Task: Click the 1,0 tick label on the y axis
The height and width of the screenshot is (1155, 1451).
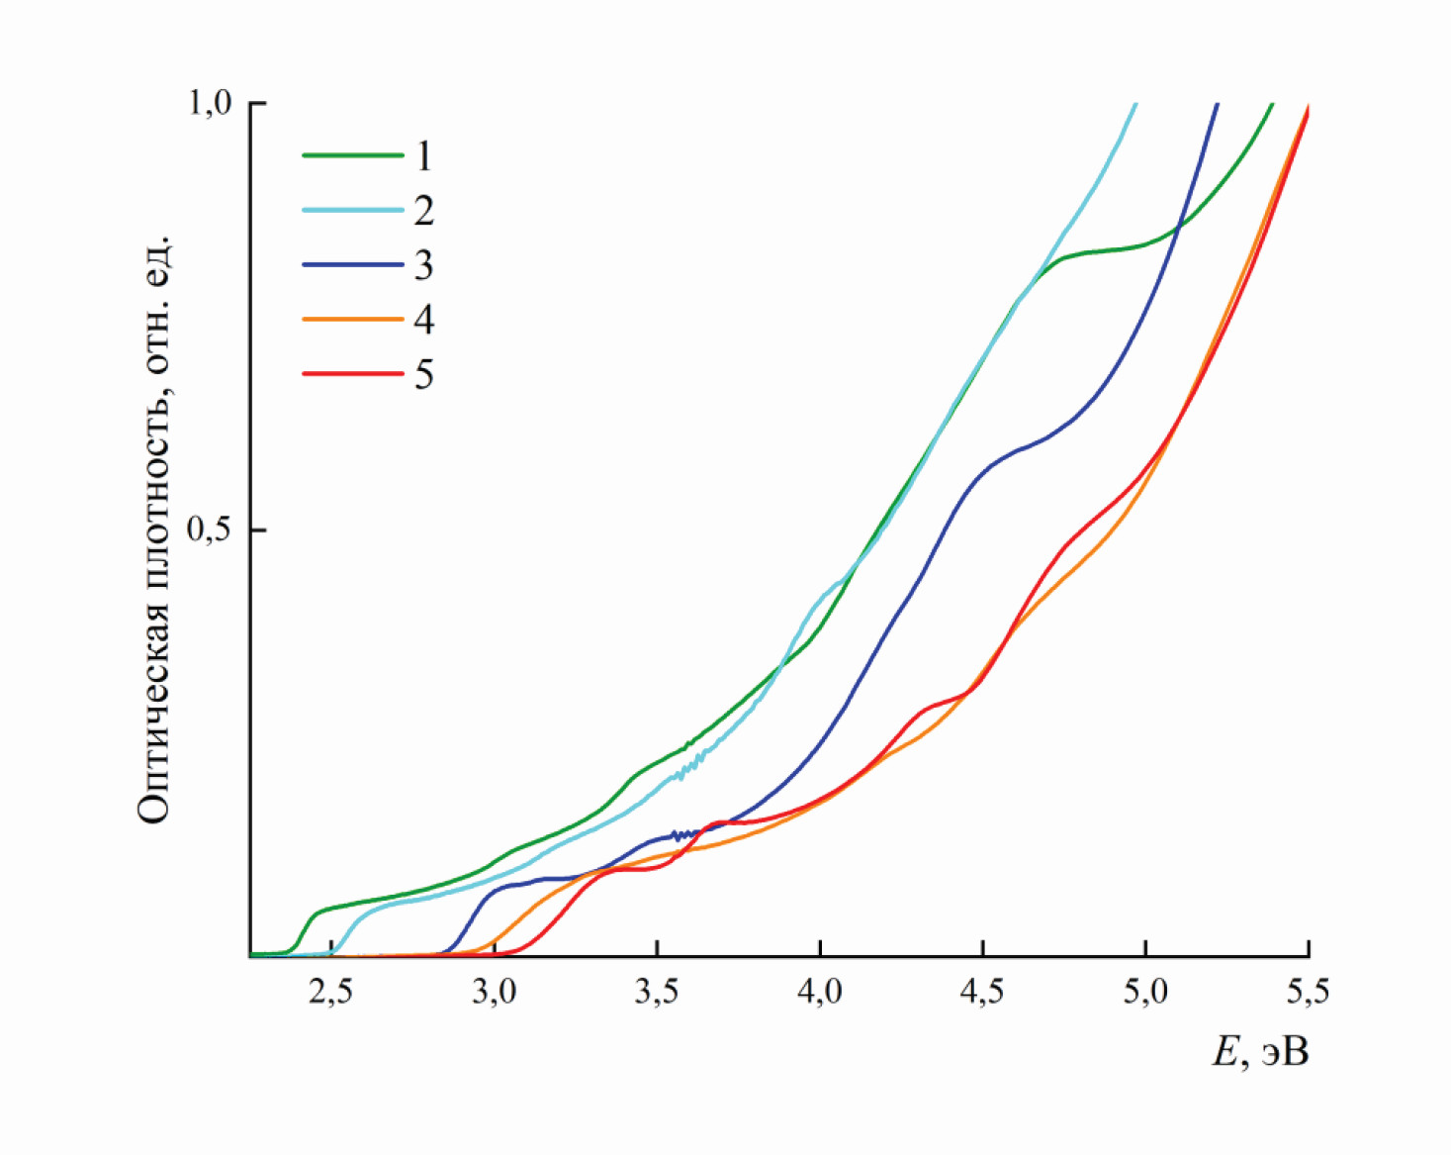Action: click(210, 102)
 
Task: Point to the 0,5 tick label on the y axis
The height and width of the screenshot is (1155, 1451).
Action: click(210, 530)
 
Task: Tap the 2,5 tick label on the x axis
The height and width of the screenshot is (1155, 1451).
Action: click(330, 992)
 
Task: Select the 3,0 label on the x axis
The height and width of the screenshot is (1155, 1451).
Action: click(494, 992)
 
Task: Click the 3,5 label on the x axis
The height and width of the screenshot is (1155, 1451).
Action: click(657, 992)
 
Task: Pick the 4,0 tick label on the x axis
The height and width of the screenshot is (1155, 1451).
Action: click(820, 992)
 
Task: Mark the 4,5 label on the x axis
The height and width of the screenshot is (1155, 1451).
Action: click(982, 992)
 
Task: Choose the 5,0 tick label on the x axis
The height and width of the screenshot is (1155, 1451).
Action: click(1145, 992)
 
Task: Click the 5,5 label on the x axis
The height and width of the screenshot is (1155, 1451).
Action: click(1308, 992)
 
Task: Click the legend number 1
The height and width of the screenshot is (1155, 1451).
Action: click(423, 155)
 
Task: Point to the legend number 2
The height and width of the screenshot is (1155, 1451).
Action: click(423, 210)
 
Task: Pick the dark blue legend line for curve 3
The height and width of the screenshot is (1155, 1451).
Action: click(352, 264)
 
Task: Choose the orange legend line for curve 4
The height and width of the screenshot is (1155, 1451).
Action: click(352, 319)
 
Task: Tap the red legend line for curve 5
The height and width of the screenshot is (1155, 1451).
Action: click(352, 373)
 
